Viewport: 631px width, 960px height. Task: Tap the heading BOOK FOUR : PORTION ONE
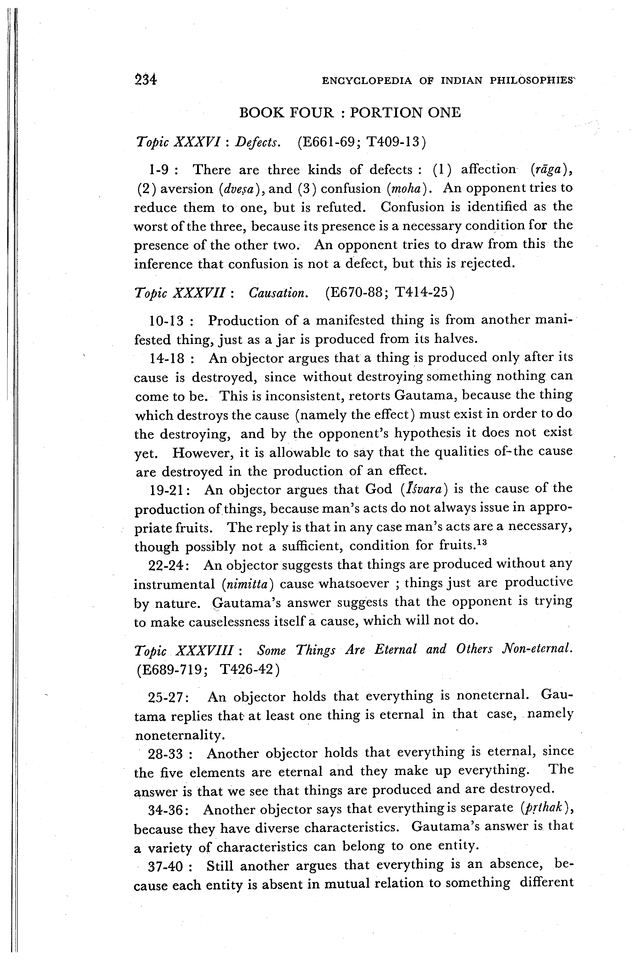coord(350,112)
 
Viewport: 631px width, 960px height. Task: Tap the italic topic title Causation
coord(279,293)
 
